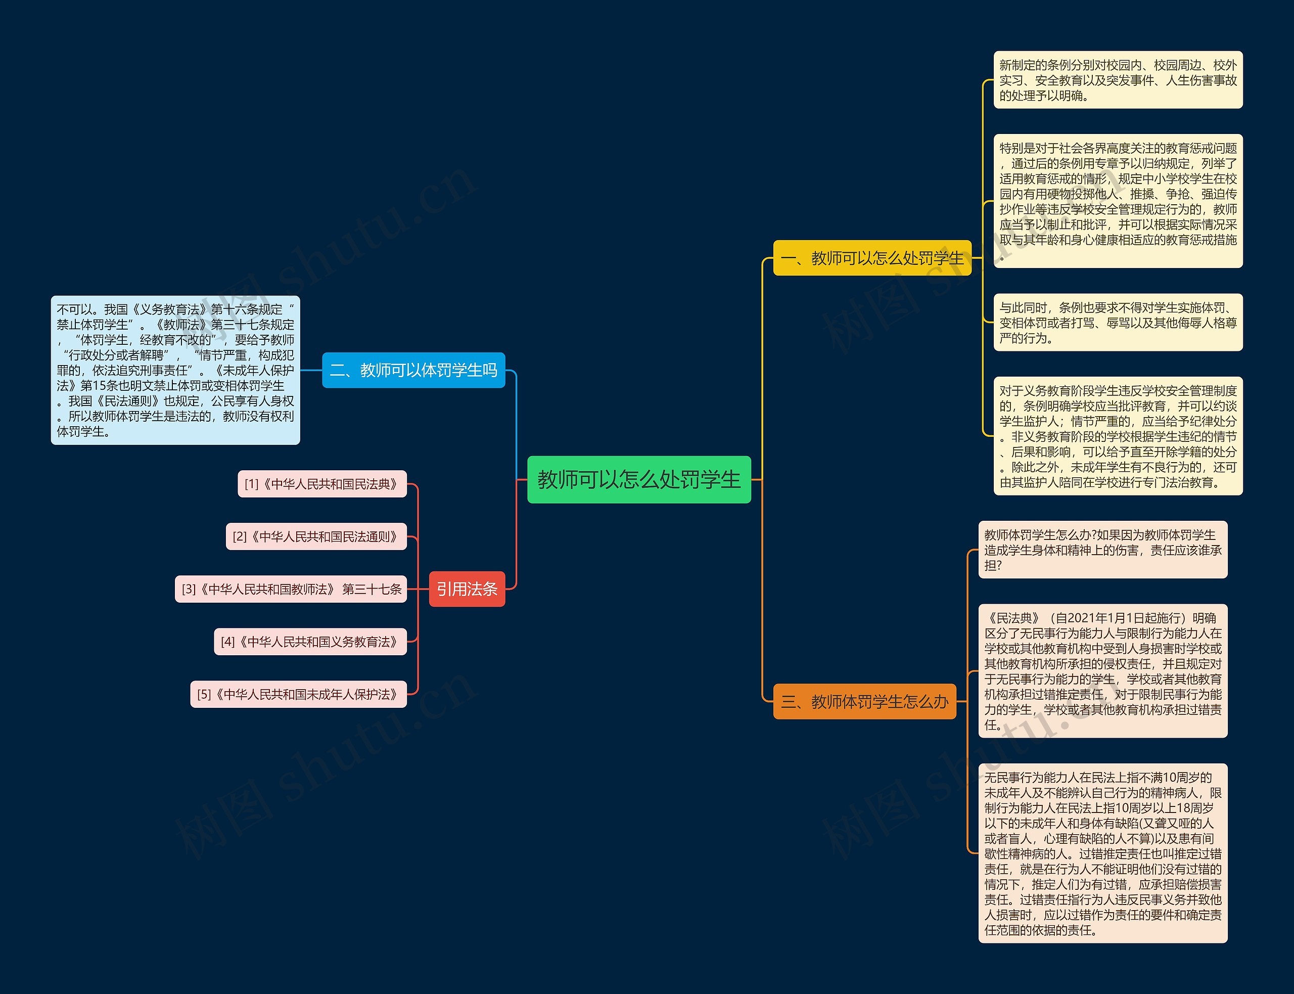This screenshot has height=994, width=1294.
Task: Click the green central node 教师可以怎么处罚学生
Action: tap(639, 479)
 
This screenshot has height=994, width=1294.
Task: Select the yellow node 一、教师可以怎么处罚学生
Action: tap(872, 258)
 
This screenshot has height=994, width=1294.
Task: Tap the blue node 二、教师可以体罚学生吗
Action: tap(413, 371)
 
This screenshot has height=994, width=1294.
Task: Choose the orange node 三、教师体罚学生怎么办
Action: tap(865, 702)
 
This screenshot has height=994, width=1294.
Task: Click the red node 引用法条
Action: tap(467, 589)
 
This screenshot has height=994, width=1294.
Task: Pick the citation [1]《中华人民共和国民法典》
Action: tap(322, 484)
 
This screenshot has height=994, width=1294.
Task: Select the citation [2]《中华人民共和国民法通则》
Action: tap(316, 536)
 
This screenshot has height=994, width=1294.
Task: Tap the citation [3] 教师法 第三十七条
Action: tap(291, 590)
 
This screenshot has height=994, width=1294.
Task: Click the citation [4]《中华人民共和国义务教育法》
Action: tap(310, 642)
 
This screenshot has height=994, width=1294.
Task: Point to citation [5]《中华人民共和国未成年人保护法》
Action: tap(299, 694)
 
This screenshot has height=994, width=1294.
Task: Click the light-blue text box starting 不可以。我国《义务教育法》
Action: tap(175, 371)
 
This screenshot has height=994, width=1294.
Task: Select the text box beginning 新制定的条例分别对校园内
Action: tap(1119, 80)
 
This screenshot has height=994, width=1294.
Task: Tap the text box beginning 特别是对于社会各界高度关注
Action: tap(1119, 201)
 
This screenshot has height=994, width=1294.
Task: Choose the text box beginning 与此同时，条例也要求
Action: tap(1119, 323)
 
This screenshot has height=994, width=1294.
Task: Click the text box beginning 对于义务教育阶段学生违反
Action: tap(1119, 436)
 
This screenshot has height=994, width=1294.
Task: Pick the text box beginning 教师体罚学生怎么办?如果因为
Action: tap(1103, 550)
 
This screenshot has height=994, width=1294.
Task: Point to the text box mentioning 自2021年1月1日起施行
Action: tap(1103, 671)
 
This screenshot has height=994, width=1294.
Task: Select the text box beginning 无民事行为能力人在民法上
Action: tap(1103, 853)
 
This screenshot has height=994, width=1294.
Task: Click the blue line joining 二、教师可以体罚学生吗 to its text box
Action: tap(311, 371)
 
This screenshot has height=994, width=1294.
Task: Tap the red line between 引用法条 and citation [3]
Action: tap(418, 590)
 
